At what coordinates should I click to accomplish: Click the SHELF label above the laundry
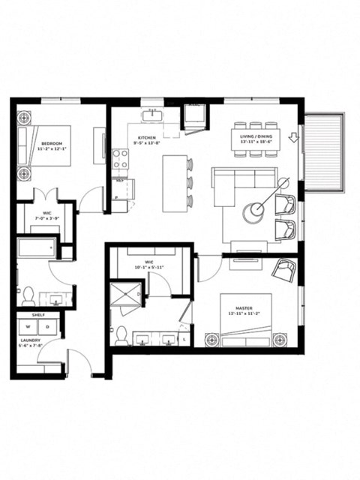point(37,315)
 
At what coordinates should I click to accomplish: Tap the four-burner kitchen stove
point(120,158)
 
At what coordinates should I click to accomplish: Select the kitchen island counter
point(173,181)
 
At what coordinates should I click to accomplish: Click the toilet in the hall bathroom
point(28,292)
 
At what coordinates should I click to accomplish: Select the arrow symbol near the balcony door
point(293,137)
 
